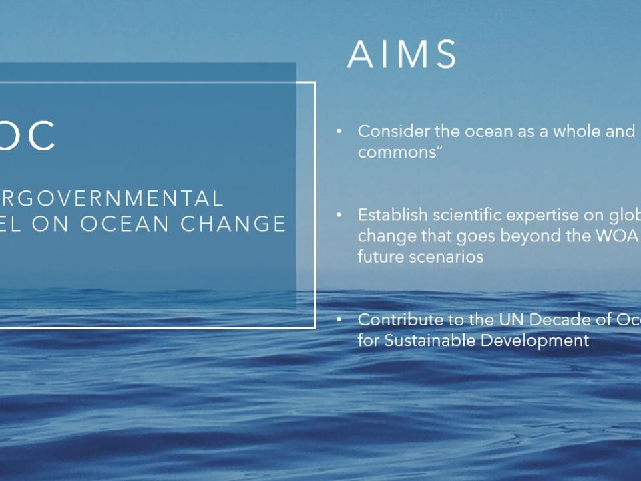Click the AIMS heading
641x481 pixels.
(401, 54)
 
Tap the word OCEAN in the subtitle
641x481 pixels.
(125, 223)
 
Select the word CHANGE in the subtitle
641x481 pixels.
(233, 223)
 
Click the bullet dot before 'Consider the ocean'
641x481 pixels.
(339, 132)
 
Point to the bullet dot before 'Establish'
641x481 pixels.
(339, 215)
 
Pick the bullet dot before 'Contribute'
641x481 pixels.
(339, 319)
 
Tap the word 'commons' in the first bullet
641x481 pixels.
(397, 152)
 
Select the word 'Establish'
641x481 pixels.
(393, 215)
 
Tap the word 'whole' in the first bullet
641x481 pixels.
(577, 132)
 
